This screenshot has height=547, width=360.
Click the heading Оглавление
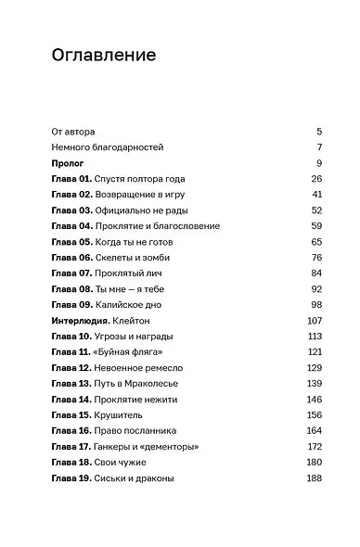pos(104,57)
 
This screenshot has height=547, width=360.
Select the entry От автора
pos(74,132)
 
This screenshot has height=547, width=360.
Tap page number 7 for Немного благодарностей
pos(318,147)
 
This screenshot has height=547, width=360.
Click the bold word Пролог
pos(69,162)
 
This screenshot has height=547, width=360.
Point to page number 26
pos(315,178)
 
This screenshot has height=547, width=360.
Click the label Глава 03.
pos(71,210)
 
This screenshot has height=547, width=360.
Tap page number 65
pos(315,241)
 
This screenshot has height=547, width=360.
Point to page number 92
pos(315,288)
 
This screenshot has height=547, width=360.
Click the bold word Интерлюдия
pos(82,320)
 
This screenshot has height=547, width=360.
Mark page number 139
pos(314,383)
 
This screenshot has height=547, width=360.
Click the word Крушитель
pos(119,414)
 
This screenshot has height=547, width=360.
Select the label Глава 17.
pos(71,446)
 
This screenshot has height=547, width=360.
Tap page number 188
pos(314,477)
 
